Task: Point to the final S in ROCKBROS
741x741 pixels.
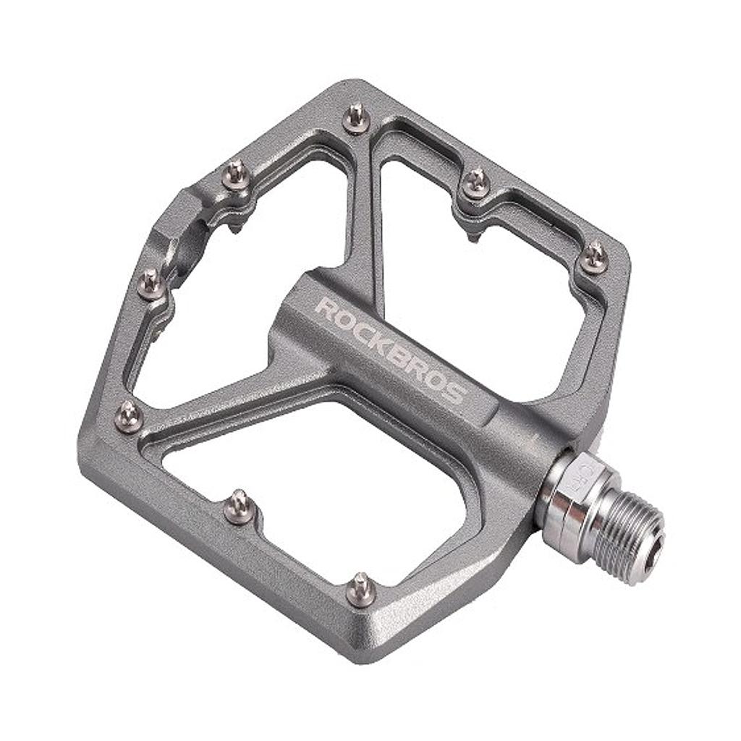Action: (454, 394)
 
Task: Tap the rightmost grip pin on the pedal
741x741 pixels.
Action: (595, 257)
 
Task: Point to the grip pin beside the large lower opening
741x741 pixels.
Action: (239, 507)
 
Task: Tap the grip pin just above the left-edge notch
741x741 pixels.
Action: (236, 174)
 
